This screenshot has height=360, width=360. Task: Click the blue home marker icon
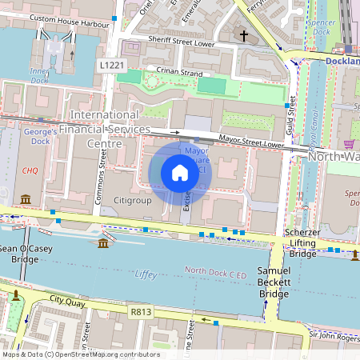[x=180, y=172]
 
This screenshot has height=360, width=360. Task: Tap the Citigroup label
[x=132, y=200]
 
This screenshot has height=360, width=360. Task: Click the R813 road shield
[x=140, y=308]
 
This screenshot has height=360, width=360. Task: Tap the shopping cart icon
[x=350, y=144]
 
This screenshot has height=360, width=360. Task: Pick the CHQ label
[x=30, y=170]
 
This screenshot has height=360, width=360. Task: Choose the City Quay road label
[x=67, y=299]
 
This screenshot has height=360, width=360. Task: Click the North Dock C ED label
[x=216, y=272]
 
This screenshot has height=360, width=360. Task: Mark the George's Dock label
[x=38, y=135]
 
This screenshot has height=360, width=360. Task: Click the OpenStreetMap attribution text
[x=80, y=354]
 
